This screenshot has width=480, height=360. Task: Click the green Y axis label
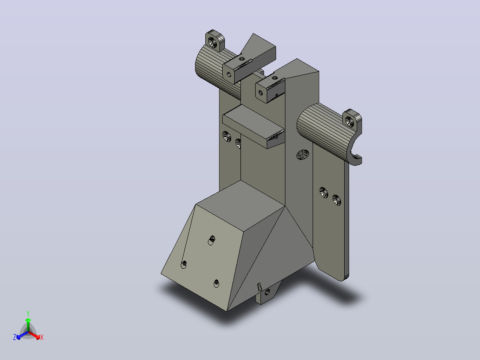point(28,313)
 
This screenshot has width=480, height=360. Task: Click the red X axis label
point(42,337)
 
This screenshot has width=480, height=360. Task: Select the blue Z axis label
point(14,337)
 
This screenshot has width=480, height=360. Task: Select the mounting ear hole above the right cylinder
point(350,122)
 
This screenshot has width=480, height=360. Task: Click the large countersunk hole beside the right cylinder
point(303,155)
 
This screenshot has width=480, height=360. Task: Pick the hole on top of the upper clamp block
point(242,58)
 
